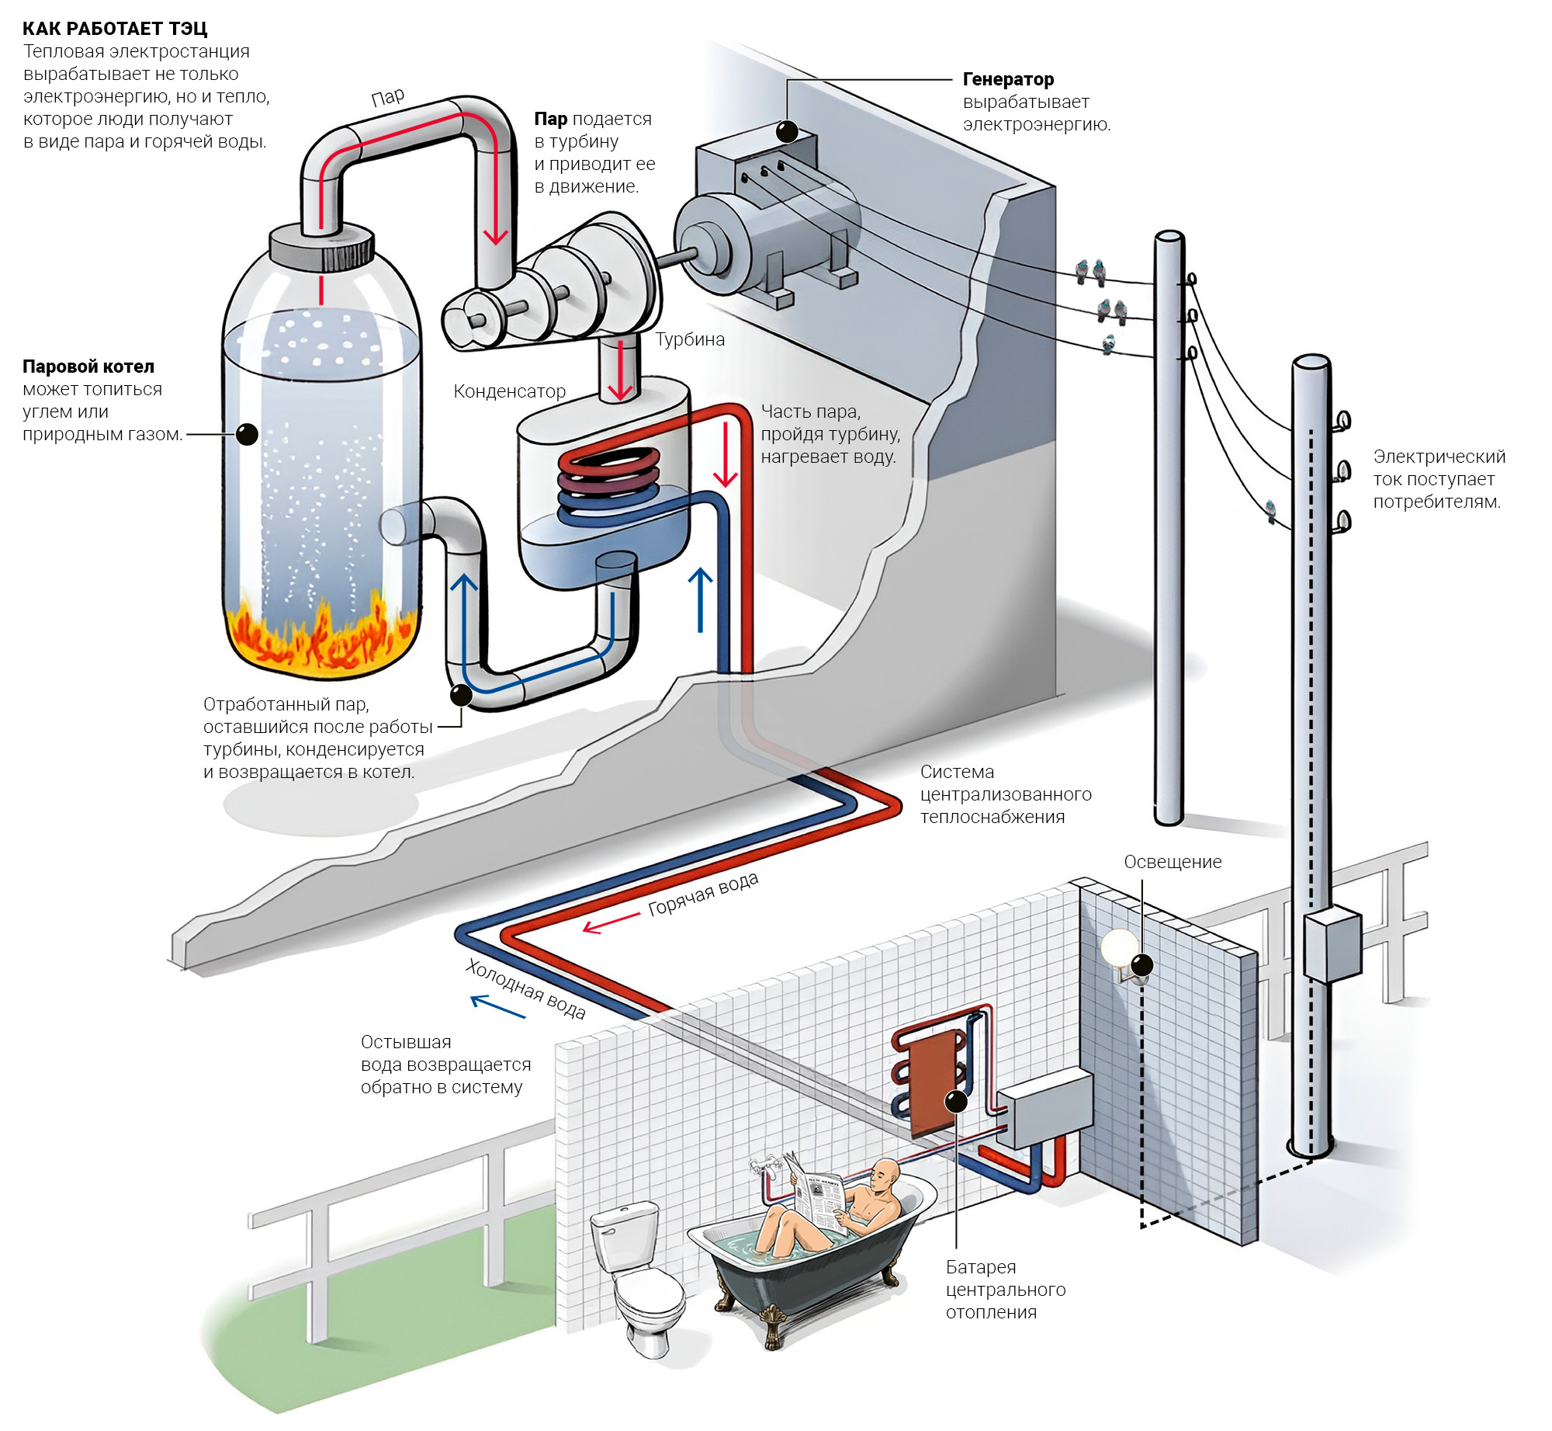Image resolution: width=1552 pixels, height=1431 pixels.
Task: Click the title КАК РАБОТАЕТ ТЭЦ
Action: [115, 29]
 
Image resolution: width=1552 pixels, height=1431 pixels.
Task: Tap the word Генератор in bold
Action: [1007, 79]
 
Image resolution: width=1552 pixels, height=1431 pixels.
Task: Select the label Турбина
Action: [689, 339]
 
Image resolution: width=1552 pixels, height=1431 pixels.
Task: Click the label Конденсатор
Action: [509, 391]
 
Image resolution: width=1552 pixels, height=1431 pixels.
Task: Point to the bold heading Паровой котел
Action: [88, 366]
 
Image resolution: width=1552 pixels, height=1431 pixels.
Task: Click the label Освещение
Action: [1172, 862]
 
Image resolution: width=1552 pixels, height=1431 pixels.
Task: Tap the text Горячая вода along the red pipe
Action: [702, 894]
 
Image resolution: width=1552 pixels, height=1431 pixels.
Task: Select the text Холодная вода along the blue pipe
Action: [525, 988]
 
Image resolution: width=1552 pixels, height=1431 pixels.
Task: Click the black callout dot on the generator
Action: [787, 131]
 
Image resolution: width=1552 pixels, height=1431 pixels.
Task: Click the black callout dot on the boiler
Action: [247, 434]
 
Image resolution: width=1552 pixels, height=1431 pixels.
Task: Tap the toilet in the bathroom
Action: [636, 1273]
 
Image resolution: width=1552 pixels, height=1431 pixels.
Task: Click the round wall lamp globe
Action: [1118, 949]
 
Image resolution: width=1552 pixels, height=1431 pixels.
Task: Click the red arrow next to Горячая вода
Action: [610, 922]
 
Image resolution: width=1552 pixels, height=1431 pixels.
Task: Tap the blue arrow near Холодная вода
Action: [497, 1007]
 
